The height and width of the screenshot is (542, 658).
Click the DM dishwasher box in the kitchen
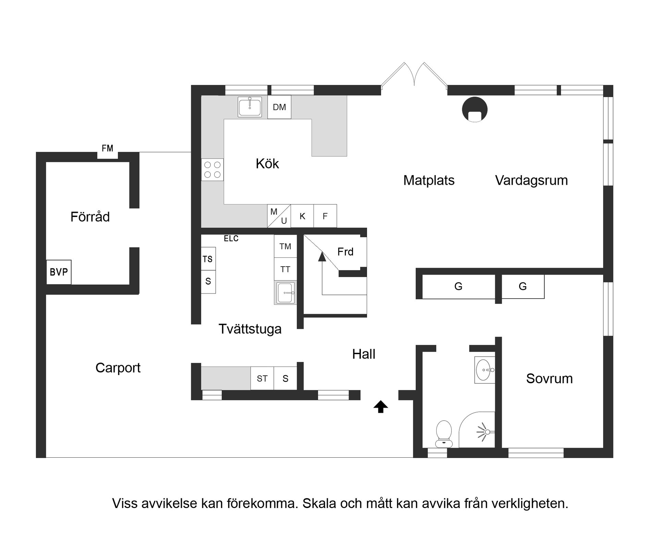tap(279, 107)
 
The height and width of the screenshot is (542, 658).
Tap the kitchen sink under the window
tap(250, 107)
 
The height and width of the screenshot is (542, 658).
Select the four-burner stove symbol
tap(212, 170)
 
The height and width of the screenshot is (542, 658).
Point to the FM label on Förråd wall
tap(107, 148)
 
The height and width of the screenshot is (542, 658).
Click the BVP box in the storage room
tap(59, 272)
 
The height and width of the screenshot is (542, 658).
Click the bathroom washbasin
tap(484, 370)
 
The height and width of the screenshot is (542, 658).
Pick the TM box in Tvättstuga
tap(285, 246)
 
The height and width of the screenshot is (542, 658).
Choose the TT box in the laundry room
tap(285, 269)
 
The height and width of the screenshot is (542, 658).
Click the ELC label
tap(231, 239)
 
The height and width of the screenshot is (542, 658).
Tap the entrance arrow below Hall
tap(380, 407)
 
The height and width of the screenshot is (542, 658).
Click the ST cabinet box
tap(262, 378)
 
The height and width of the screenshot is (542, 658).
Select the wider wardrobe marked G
tap(458, 287)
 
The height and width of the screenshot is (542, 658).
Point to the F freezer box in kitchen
tap(325, 216)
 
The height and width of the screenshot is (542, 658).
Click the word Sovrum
tap(549, 378)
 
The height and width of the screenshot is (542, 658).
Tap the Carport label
tap(118, 368)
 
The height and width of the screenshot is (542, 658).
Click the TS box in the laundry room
tap(208, 259)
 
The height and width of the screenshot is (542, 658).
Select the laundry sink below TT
tap(285, 293)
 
